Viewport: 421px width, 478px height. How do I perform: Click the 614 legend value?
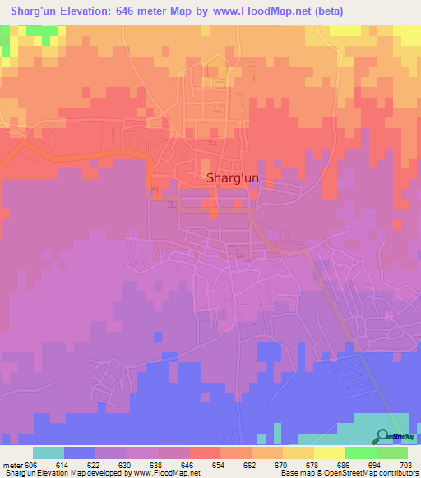tap(63, 465)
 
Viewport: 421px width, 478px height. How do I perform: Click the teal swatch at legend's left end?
tap(48, 453)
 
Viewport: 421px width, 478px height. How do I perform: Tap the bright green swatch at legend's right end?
tap(391, 453)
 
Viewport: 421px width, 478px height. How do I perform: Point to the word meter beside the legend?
tap(12, 465)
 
